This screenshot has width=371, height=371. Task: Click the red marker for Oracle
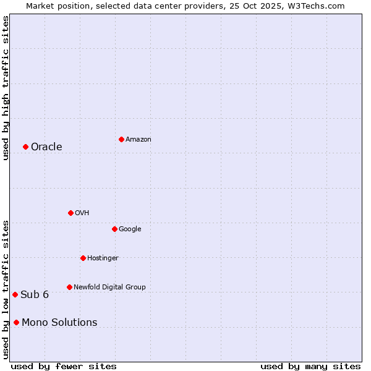coord(25,147)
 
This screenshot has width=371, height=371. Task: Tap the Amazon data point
coord(121,139)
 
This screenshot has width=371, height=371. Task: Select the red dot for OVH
coord(70,213)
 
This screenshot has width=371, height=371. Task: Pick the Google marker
coord(114,229)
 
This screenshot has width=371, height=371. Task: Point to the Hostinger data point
coord(83,258)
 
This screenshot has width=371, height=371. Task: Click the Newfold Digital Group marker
coord(69,287)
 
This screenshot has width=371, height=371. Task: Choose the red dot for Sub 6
coord(15,294)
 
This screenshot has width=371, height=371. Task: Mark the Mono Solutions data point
coord(16,322)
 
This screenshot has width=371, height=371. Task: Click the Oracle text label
coord(46,147)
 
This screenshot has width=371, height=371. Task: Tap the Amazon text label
coord(139,140)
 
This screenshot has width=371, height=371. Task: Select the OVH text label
coord(82,213)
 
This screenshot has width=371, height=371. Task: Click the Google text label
coord(130,229)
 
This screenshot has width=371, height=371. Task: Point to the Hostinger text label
coord(103,258)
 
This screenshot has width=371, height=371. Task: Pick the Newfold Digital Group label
coord(109,288)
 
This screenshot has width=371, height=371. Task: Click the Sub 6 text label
coord(35,295)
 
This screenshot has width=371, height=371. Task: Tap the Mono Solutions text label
coord(59,323)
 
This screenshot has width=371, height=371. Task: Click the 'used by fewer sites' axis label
coord(64,366)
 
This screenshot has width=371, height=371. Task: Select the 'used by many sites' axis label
coord(310,366)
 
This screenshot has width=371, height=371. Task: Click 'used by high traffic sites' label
coord(6,88)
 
